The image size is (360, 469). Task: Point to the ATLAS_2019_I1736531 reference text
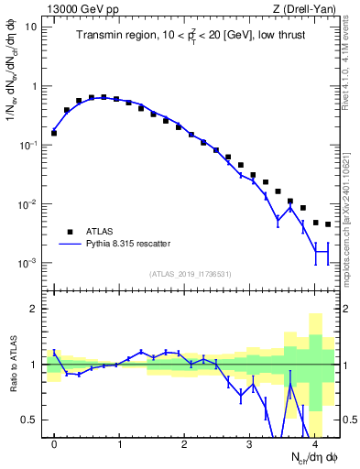(x=191, y=272)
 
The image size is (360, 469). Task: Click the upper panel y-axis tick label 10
(x=32, y=27)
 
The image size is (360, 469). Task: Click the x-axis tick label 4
(x=315, y=445)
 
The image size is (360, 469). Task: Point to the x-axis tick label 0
(x=54, y=445)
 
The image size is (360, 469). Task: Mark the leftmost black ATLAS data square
(x=54, y=133)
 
